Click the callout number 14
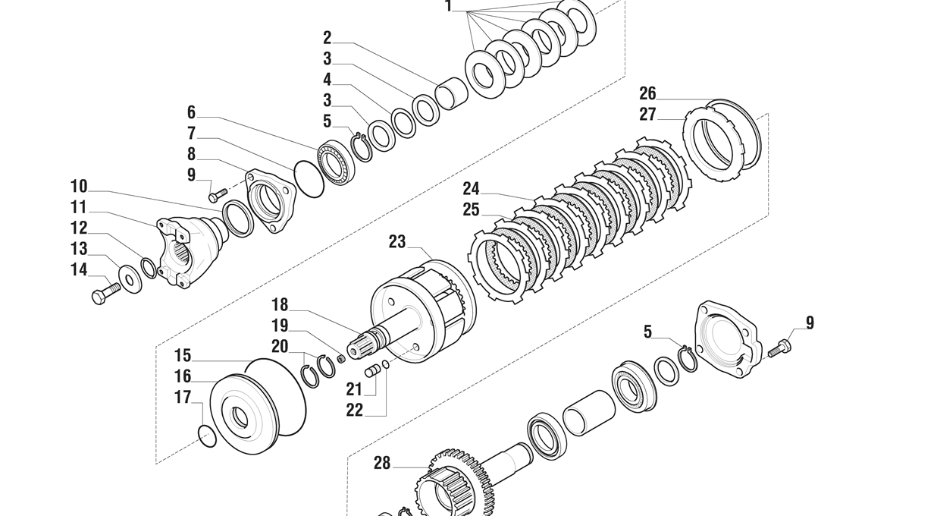79,269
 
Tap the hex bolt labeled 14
105,292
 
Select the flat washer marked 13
130,279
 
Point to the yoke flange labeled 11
190,249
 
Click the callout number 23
397,242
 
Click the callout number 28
381,463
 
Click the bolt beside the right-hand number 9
779,349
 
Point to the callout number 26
647,93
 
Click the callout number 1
448,7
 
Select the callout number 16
183,376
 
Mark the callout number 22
355,410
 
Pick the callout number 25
471,209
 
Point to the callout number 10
79,187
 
